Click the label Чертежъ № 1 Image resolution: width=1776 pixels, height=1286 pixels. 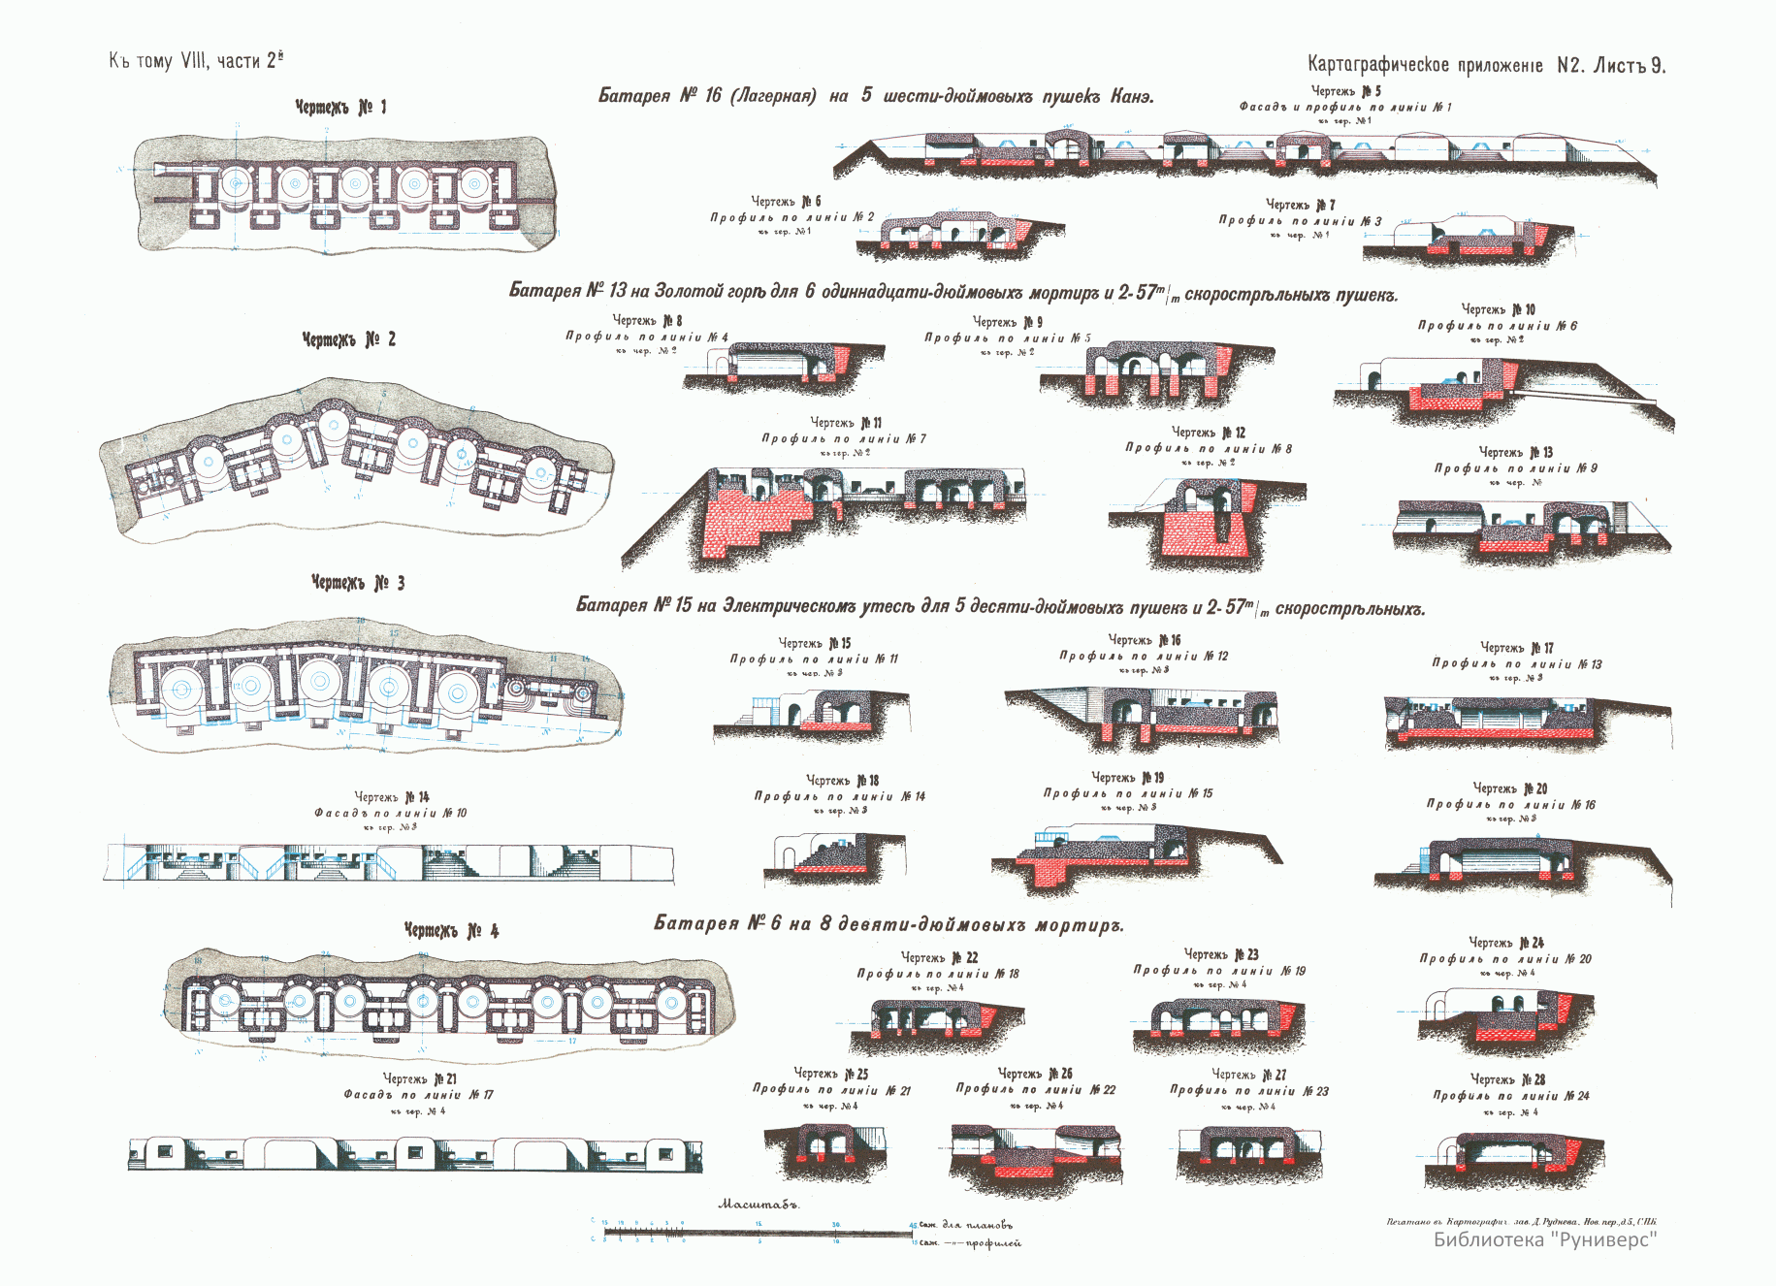click(340, 107)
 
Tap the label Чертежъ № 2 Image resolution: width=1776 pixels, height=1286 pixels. click(348, 339)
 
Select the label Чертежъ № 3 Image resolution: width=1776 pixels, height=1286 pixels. click(357, 582)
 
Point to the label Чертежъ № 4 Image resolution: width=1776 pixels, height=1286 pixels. click(451, 930)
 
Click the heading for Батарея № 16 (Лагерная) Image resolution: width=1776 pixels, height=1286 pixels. click(875, 96)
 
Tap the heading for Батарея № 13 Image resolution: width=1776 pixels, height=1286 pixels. click(953, 292)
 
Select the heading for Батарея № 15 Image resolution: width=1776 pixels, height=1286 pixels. click(999, 607)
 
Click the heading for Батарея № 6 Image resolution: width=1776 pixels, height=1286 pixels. click(888, 923)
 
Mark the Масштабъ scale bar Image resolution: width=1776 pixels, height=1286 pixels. click(757, 1233)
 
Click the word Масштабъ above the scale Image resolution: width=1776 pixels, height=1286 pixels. click(758, 1205)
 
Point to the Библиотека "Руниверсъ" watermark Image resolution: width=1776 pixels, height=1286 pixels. click(1544, 1238)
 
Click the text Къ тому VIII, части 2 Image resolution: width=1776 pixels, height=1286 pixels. click(196, 61)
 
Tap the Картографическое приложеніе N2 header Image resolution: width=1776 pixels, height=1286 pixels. click(1485, 65)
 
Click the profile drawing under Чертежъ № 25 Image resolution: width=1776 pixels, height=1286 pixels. click(824, 1149)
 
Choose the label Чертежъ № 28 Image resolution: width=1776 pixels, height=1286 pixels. click(1507, 1079)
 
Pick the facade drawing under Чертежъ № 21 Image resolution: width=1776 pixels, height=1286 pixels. click(415, 1153)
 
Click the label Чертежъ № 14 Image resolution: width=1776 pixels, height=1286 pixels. click(391, 797)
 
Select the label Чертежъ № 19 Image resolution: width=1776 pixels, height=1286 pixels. click(1127, 778)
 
